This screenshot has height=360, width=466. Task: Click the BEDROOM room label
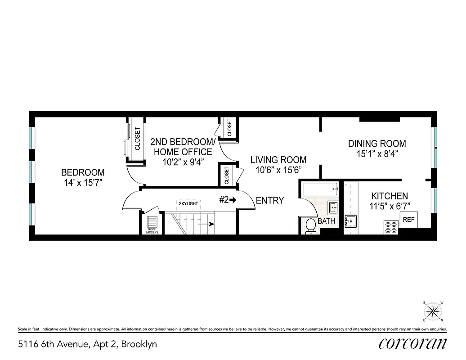[83, 172]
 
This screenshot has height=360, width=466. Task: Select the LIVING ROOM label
[278, 160]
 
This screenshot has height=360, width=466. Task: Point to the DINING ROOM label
[377, 144]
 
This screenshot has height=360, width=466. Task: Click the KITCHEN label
[389, 196]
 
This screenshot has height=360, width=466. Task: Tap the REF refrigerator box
[408, 220]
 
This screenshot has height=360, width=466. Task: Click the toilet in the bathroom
[310, 226]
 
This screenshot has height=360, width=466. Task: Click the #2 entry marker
[228, 200]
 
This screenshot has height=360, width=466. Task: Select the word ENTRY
[270, 201]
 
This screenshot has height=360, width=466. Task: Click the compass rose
[433, 311]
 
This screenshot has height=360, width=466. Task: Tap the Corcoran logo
[412, 343]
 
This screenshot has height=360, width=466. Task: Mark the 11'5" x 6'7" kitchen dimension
[390, 207]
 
